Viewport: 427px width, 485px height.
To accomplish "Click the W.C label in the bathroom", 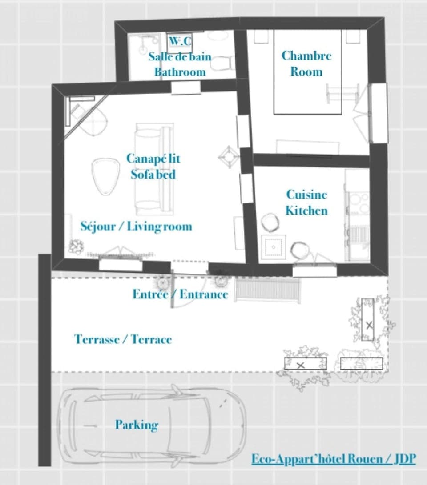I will pos(180,42).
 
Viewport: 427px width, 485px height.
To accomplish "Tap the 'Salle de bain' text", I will pos(180,57).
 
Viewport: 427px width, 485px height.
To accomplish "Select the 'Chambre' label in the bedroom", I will pos(306,56).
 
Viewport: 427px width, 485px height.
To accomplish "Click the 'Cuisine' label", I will pos(306,195).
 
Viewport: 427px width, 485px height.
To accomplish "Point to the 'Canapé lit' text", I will pos(153,159).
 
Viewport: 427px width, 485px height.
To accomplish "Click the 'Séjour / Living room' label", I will pos(136,227).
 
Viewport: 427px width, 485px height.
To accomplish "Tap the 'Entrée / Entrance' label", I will pos(180,294).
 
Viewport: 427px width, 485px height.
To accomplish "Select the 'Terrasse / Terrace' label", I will pos(123,340).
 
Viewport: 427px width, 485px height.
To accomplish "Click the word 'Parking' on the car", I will pos(137,425).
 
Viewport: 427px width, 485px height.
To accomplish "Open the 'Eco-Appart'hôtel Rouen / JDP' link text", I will pos(334,459).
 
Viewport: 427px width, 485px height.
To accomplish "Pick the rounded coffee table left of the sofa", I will pos(106,175).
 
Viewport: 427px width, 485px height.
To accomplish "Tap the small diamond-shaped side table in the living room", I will pos(228,157).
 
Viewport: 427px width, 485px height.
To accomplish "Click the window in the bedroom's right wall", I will pos(378,113).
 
